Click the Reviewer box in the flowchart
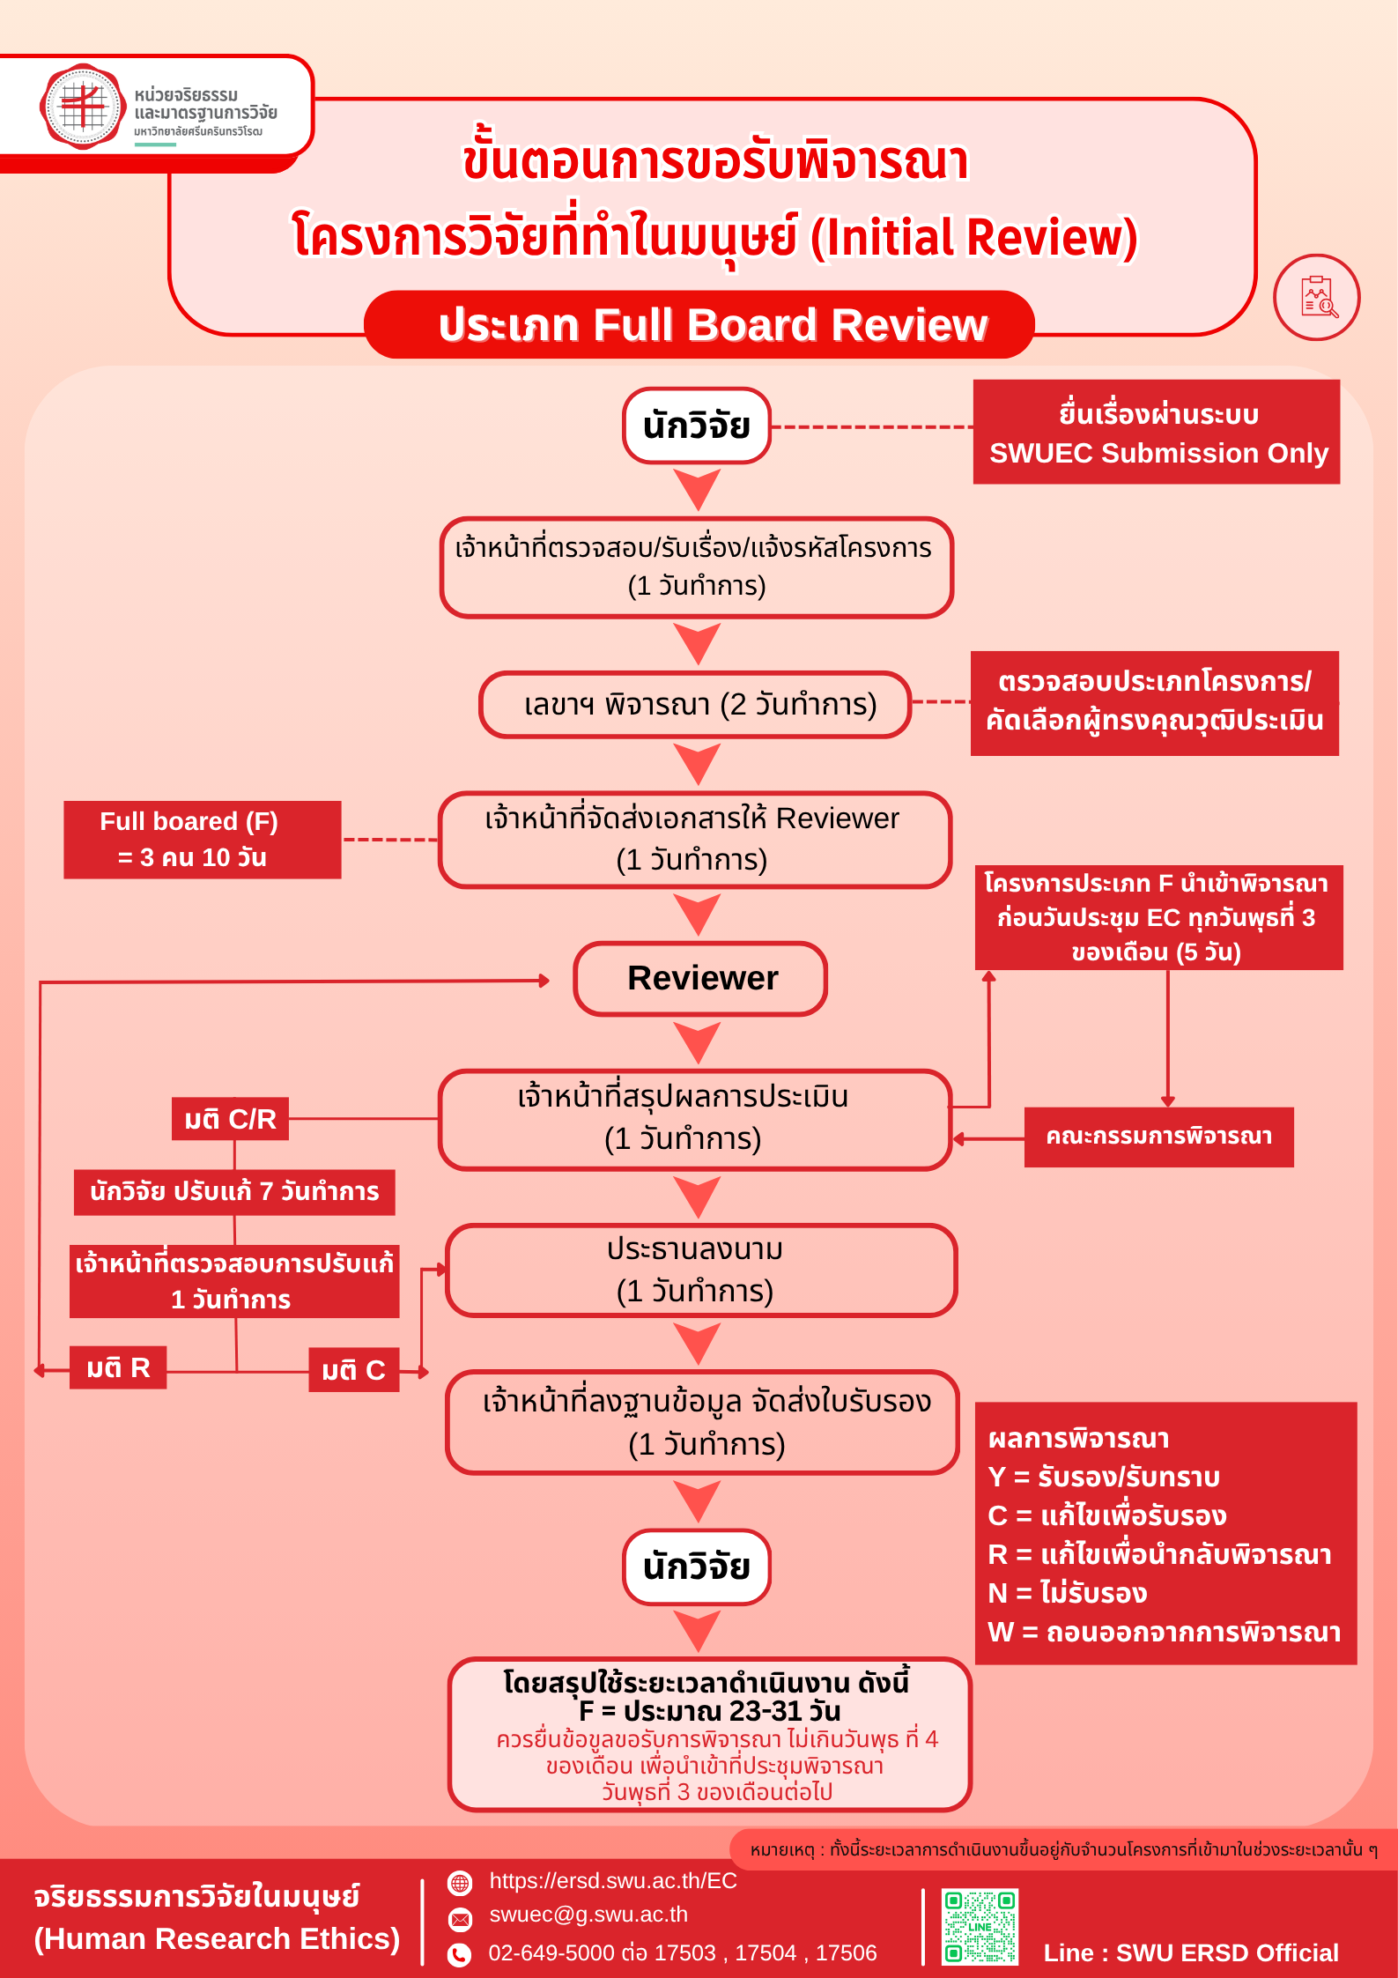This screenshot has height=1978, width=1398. coord(700,979)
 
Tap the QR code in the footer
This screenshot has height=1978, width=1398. coord(980,1926)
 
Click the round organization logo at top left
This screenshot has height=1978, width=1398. coord(83,107)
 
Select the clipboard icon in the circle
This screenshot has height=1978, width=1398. coord(1317,297)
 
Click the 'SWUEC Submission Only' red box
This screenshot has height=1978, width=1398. coord(1156,433)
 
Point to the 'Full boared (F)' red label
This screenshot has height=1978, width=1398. coord(202,840)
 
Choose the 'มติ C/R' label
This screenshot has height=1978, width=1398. coord(230,1119)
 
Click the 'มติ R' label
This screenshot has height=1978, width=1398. coord(118,1367)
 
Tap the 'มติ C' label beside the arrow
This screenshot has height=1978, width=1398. coord(353,1370)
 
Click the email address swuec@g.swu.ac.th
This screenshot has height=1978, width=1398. coord(588,1915)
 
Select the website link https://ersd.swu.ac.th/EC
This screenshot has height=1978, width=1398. coord(612,1881)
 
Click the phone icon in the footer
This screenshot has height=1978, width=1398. coord(459,1955)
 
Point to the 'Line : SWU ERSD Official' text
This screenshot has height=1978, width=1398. coord(1190,1953)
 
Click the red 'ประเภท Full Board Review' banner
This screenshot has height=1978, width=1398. coord(699,324)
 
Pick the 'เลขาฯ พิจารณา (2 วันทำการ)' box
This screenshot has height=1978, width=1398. coord(695,705)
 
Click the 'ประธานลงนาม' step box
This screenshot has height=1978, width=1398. coord(700,1271)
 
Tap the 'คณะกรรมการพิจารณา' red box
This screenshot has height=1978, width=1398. coord(1158,1137)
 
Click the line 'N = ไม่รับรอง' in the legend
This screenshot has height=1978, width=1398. coord(1068,1593)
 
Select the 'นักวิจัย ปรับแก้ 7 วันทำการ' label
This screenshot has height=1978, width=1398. coord(234,1192)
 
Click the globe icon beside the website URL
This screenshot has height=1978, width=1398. coord(460,1883)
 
